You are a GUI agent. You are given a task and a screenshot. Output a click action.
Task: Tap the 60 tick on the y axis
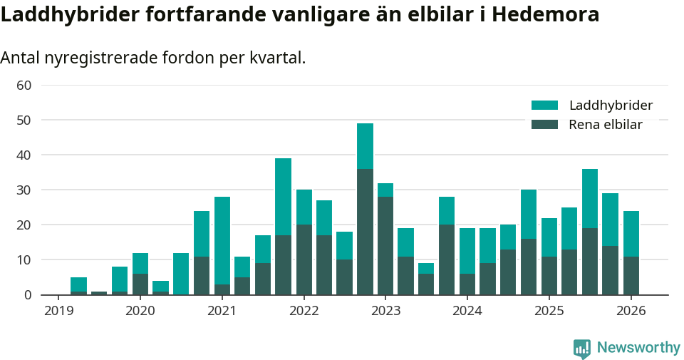(x=24, y=86)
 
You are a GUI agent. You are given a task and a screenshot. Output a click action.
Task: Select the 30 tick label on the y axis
(x=24, y=190)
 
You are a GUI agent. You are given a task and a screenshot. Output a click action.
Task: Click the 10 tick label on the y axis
(x=24, y=260)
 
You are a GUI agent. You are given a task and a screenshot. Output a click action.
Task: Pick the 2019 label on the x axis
(x=58, y=311)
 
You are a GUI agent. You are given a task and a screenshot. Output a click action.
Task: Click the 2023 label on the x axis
(x=385, y=311)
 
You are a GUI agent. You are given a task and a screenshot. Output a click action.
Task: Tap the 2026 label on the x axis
(x=631, y=311)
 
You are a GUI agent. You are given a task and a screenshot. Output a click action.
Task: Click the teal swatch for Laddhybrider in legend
(x=544, y=106)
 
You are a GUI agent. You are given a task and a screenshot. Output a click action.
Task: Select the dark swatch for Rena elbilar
(x=544, y=125)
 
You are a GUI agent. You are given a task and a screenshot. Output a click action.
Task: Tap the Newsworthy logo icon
(x=582, y=348)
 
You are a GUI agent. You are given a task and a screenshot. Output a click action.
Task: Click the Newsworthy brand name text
(x=638, y=348)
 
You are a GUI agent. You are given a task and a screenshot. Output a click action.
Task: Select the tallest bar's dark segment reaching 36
(x=365, y=232)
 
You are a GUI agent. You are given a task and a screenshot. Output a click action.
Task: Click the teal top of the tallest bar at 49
(x=365, y=145)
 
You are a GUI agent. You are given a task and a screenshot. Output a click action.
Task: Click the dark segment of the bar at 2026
(x=631, y=276)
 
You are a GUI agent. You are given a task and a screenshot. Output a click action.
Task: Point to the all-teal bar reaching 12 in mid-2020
(x=181, y=274)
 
